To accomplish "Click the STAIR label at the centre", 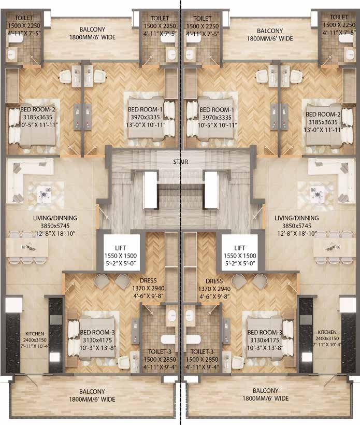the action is click(x=180, y=162).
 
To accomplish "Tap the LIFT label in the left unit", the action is click(x=120, y=248).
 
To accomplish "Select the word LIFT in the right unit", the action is click(x=240, y=248).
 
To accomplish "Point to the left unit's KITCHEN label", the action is click(x=35, y=334).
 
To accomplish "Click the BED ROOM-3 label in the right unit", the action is click(x=265, y=332).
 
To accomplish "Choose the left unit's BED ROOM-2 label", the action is click(x=38, y=109).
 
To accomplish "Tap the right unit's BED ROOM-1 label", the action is click(x=217, y=110).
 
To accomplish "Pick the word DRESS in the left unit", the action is click(x=148, y=280).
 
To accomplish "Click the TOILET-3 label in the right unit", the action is click(x=202, y=352).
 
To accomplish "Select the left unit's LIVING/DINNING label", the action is click(x=55, y=218).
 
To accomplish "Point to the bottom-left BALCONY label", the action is click(x=92, y=392).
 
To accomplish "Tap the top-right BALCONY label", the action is click(x=270, y=31).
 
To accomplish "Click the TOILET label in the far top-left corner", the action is click(x=24, y=18).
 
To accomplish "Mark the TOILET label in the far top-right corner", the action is click(x=339, y=17).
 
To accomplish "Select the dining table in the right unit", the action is click(x=335, y=247).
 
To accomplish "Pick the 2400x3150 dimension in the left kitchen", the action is click(x=35, y=340).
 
